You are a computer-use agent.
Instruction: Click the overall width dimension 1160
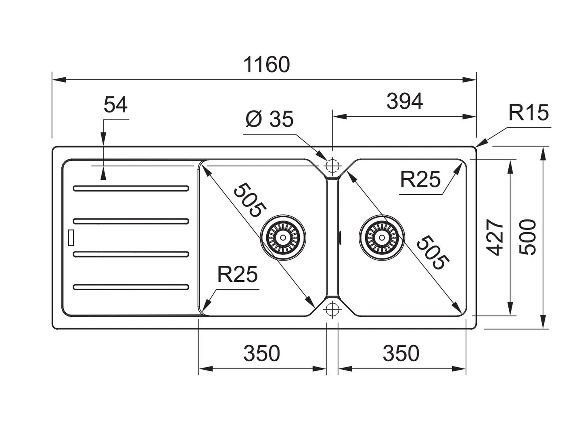[x=267, y=65]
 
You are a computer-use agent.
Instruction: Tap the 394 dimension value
[x=404, y=102]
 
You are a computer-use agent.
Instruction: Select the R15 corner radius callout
[x=529, y=113]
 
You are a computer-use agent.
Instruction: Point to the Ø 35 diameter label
[x=270, y=119]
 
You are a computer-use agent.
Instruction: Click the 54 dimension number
[x=115, y=105]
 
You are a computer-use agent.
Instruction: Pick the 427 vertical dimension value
[x=495, y=237]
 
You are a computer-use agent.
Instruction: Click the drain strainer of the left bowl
[x=283, y=237]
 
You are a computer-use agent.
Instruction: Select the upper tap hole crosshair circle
[x=332, y=165]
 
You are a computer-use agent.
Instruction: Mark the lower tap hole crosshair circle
[x=332, y=309]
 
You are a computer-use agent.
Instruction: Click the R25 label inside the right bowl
[x=420, y=180]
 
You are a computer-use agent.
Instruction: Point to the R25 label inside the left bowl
[x=237, y=275]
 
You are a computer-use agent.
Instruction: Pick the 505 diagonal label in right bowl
[x=432, y=253]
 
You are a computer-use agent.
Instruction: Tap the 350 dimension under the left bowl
[x=261, y=354]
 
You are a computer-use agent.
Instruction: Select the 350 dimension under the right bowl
[x=401, y=354]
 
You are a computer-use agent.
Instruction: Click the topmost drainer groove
[x=131, y=188]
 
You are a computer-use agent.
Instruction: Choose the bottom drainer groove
[x=131, y=287]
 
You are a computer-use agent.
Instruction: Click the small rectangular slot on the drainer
[x=71, y=237]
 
